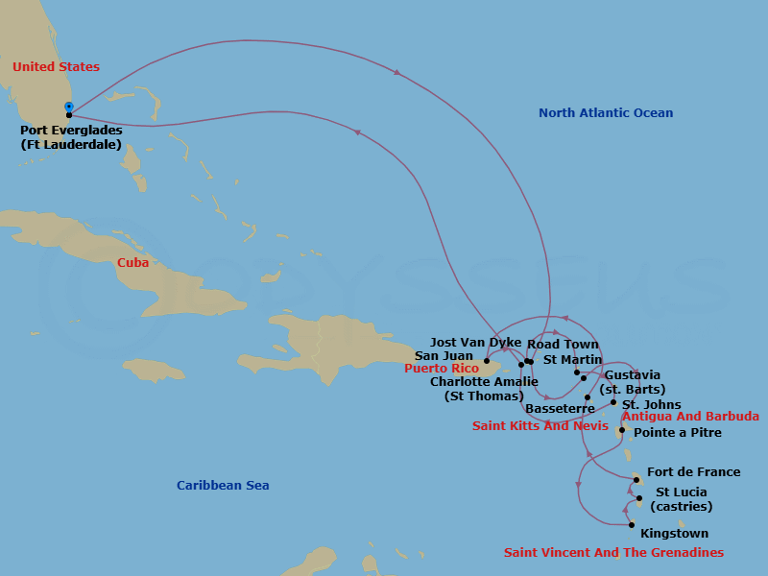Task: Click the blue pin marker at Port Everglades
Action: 68,107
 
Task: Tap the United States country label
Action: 56,67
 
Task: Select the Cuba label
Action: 132,262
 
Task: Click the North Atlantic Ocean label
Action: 606,113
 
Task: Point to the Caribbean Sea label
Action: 223,486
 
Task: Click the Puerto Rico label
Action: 441,369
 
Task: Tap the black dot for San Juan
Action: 487,362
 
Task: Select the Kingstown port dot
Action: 631,524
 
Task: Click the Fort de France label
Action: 693,472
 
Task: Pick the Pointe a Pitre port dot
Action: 622,430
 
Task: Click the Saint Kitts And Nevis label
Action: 534,425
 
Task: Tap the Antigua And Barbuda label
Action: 690,417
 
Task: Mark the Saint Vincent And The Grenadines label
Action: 613,553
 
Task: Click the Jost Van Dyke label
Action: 476,343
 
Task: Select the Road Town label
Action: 563,345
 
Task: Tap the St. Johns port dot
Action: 613,402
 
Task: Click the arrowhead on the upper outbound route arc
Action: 396,72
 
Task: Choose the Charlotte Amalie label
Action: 484,382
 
